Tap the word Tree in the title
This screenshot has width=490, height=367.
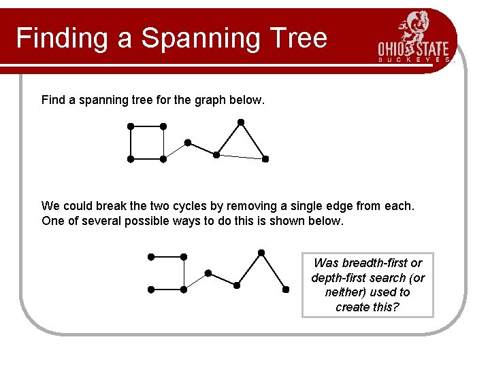pyautogui.click(x=298, y=38)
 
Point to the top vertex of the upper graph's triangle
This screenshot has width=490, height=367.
pyautogui.click(x=240, y=122)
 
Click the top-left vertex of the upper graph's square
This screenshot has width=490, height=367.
pyautogui.click(x=131, y=126)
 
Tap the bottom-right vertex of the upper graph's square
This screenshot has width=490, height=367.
pyautogui.click(x=163, y=159)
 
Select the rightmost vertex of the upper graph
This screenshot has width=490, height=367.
pyautogui.click(x=265, y=159)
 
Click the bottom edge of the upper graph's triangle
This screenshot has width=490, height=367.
pyautogui.click(x=241, y=157)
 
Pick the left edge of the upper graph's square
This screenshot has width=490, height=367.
pyautogui.click(x=131, y=143)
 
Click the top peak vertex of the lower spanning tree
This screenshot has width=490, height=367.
pyautogui.click(x=261, y=253)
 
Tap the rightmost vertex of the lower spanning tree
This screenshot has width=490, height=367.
pyautogui.click(x=286, y=290)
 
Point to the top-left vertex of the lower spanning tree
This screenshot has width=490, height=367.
pyautogui.click(x=151, y=257)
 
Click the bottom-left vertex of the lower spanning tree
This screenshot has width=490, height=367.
pyautogui.click(x=151, y=290)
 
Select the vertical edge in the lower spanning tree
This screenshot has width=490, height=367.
pyautogui.click(x=184, y=273)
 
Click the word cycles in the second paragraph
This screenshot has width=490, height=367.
pyautogui.click(x=206, y=205)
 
